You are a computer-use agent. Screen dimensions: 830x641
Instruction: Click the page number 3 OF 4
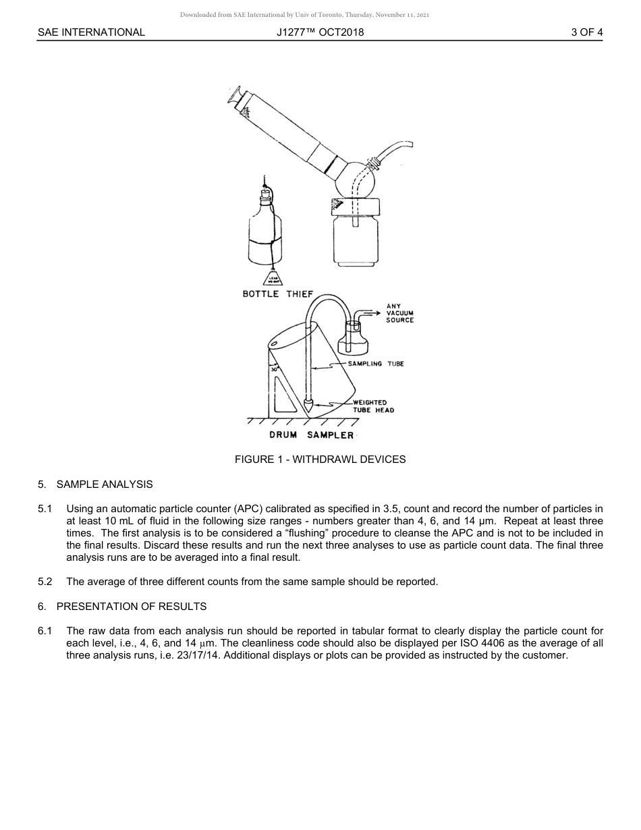point(586,32)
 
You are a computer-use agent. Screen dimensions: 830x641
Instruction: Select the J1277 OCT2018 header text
point(320,32)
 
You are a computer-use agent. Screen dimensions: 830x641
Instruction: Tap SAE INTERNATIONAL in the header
point(91,32)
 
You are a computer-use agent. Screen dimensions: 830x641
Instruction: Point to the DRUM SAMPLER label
point(311,435)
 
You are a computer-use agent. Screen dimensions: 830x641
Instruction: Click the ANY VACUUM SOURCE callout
point(399,313)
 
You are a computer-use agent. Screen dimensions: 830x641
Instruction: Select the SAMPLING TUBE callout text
point(375,364)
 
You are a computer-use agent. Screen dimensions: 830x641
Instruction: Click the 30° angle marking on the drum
point(274,370)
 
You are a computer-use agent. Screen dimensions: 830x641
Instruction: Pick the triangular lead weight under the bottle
point(274,277)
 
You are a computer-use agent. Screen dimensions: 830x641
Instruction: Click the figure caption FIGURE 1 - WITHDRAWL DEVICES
point(320,460)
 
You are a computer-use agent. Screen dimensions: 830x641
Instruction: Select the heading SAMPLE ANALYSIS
point(105,485)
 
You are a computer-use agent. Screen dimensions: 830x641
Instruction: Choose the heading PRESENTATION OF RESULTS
point(132,607)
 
